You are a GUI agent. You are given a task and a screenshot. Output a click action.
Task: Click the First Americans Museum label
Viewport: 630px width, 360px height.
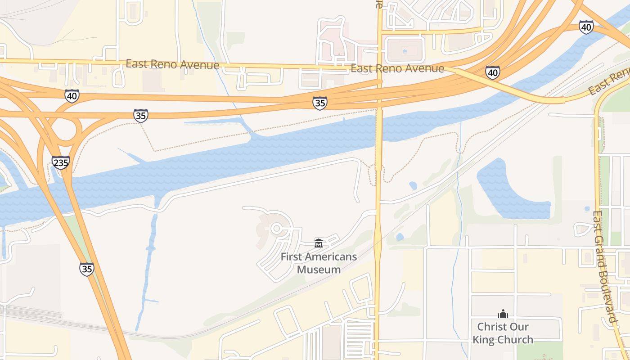click(319, 263)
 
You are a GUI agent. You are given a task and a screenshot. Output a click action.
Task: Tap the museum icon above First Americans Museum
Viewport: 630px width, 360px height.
click(319, 243)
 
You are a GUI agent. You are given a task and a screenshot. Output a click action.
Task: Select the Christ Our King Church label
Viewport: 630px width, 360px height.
click(503, 333)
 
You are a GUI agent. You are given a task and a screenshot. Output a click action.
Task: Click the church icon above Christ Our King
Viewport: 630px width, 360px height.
click(503, 314)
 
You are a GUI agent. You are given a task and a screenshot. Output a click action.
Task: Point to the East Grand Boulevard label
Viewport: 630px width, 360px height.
click(604, 267)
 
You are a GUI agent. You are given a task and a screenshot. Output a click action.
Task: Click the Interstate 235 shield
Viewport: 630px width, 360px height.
click(61, 162)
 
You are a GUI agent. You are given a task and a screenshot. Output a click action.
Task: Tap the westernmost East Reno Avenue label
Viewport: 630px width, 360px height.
click(172, 64)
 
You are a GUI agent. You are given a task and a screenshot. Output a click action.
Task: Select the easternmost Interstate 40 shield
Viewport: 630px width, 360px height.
click(586, 27)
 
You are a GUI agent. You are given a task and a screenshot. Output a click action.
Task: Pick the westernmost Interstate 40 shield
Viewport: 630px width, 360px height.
click(72, 96)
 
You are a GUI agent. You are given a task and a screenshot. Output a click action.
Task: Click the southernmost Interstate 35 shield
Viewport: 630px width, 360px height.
click(87, 269)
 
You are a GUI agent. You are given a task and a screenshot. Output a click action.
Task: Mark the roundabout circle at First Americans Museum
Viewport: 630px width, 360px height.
click(276, 229)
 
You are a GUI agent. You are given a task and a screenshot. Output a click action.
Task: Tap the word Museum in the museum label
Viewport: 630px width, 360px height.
click(319, 270)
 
